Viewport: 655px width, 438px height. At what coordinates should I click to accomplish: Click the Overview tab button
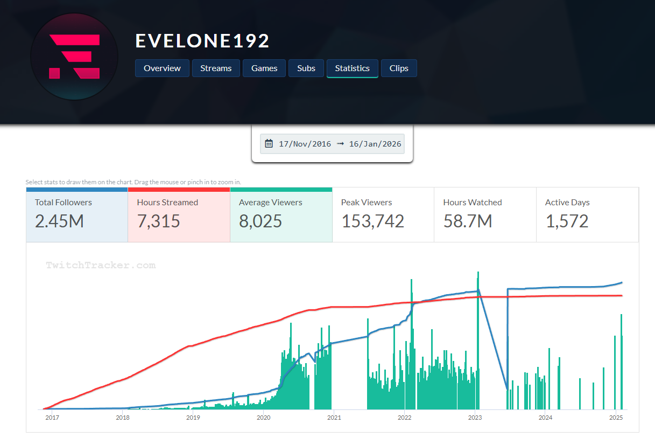(x=162, y=68)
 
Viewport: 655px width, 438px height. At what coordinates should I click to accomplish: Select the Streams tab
(x=216, y=68)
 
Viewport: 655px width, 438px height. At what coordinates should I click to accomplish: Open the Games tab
(x=264, y=68)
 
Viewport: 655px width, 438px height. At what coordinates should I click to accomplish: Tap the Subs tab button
(x=306, y=68)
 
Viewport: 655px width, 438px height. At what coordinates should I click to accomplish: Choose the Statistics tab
(x=352, y=68)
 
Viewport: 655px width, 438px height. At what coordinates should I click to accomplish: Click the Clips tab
(x=399, y=68)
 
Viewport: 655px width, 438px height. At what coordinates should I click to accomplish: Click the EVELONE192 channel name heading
(x=202, y=41)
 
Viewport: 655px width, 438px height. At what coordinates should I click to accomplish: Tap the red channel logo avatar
(x=74, y=56)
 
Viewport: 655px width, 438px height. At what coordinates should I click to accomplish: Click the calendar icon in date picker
(x=269, y=144)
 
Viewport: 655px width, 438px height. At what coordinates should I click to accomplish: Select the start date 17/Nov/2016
(x=305, y=144)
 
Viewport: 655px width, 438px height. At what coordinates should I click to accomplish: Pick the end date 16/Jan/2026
(x=376, y=144)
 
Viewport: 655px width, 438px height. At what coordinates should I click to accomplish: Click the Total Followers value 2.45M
(x=59, y=221)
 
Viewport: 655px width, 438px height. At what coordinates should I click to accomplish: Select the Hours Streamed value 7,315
(x=159, y=221)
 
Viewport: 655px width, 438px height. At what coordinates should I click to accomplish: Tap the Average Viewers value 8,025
(x=260, y=221)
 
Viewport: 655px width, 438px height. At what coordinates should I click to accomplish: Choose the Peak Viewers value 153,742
(x=372, y=221)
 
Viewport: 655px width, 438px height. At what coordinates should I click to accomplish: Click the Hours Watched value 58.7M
(x=468, y=221)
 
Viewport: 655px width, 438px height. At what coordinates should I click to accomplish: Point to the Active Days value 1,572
(x=567, y=221)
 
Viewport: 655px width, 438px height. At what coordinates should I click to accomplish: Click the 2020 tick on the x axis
(x=263, y=418)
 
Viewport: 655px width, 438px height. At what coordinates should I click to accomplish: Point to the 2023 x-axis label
(x=475, y=418)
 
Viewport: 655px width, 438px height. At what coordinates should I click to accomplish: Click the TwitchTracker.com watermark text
(x=101, y=265)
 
